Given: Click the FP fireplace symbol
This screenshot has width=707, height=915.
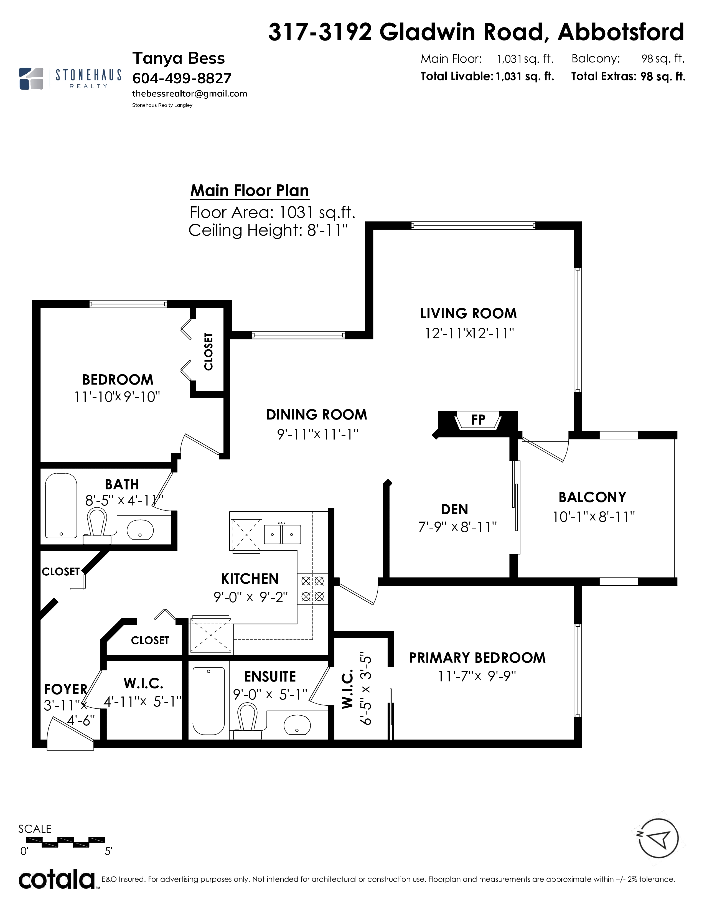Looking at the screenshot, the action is point(478,420).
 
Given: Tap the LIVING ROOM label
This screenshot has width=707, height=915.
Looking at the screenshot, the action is point(468,313).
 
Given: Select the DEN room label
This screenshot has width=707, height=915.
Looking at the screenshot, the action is point(454,509).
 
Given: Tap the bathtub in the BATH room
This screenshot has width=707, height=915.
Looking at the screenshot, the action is point(61,506).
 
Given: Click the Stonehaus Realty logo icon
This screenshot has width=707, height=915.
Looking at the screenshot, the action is point(31,78).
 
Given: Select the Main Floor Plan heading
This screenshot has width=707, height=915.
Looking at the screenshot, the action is point(250,191).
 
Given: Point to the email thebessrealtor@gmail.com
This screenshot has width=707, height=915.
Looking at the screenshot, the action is point(190,93).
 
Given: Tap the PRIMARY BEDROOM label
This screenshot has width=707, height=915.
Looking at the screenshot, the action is point(477,658).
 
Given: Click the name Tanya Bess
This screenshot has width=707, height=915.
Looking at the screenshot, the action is point(179,58).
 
